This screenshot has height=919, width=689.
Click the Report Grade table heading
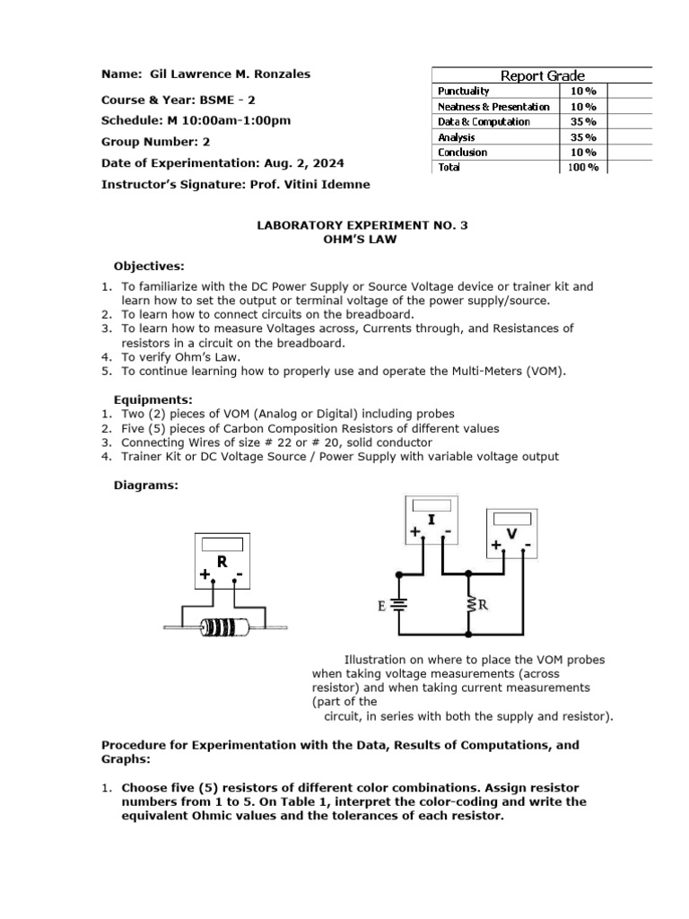[542, 76]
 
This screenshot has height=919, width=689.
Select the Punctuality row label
[463, 92]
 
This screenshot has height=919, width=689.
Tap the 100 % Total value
[582, 168]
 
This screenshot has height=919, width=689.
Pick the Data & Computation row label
[484, 122]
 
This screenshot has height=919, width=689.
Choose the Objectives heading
[149, 267]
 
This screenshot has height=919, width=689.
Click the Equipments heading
[153, 399]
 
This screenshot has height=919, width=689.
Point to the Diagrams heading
[145, 486]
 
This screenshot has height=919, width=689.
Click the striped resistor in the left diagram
[223, 626]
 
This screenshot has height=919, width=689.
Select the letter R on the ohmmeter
[221, 562]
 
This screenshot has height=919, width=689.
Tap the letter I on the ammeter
[432, 520]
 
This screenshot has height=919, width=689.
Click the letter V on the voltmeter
[512, 535]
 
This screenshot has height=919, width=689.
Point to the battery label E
[382, 605]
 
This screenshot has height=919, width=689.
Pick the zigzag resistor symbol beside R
[470, 605]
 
